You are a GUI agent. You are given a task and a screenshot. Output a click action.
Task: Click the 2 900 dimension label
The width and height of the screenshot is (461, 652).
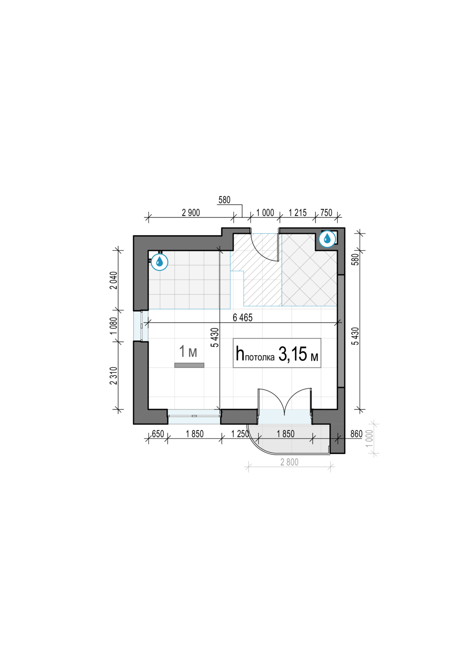coord(191,213)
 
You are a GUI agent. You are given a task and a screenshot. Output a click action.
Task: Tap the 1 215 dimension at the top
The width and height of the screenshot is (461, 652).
coord(297,213)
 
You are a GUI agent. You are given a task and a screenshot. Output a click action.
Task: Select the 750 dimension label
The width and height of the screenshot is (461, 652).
coord(326,213)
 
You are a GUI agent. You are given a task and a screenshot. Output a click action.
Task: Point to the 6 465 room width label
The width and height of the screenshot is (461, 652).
coord(243,318)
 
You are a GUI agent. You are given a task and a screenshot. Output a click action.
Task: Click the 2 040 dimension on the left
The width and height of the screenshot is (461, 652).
coord(114,280)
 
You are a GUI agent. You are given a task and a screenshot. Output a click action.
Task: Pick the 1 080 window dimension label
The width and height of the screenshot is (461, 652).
coord(114,326)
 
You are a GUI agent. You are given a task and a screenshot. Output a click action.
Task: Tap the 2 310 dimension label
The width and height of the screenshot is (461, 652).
coord(114,376)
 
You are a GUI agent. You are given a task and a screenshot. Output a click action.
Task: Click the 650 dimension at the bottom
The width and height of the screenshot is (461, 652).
coord(158,434)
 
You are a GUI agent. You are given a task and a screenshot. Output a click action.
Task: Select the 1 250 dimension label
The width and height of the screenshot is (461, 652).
coord(240,434)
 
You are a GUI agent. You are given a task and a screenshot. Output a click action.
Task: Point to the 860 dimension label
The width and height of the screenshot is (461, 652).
coord(356,434)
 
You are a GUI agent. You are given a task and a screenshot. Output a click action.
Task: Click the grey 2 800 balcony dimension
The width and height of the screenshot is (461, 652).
coord(289,462)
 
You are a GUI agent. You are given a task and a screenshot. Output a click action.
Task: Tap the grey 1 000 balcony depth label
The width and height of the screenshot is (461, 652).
coord(369,439)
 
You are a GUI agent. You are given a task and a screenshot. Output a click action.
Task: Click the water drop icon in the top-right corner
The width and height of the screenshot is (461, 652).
coord(327,239)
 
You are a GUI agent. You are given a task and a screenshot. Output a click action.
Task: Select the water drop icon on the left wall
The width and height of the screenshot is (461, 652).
coord(160,262)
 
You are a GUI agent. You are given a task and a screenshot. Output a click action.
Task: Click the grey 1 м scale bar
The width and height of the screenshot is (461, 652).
coord(189,365)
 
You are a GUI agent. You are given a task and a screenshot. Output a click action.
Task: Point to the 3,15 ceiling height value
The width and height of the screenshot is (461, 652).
coord(292,354)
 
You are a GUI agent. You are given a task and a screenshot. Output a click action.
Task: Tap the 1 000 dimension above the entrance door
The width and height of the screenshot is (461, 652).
coord(265,213)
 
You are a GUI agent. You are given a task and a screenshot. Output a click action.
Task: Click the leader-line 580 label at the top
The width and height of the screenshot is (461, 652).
coord(224,200)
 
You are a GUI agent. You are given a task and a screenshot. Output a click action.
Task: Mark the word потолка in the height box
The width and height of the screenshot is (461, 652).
coord(260,357)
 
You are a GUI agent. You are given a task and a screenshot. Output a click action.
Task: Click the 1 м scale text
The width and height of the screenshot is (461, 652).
coord(188,351)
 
